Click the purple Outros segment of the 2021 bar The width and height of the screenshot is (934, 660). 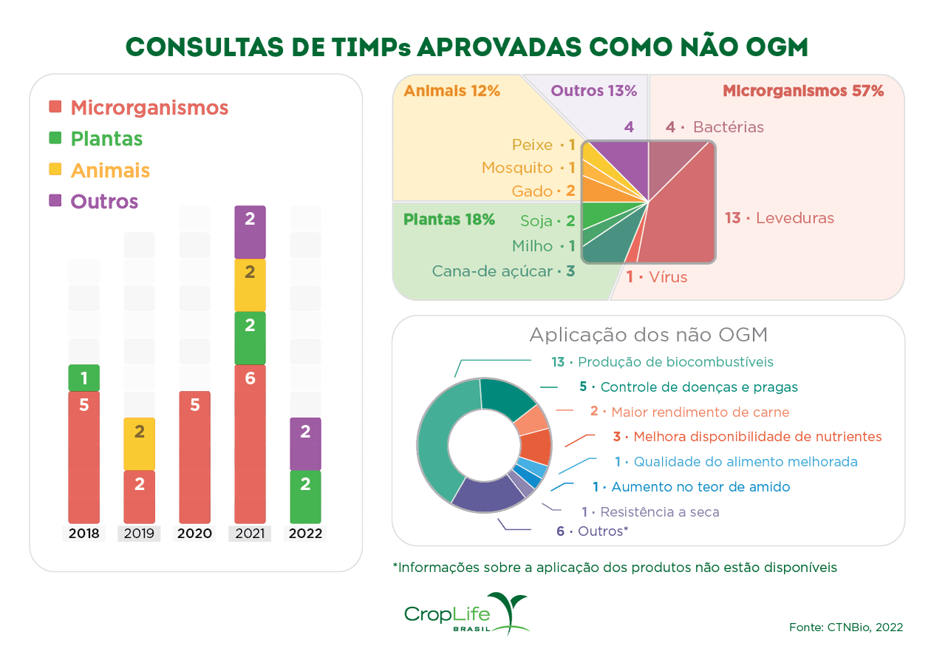[x=250, y=231]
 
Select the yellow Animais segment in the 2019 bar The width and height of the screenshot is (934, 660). [x=139, y=443]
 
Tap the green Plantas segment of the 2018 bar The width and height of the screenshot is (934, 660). [x=83, y=378]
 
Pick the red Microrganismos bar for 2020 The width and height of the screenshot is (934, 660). [x=194, y=457]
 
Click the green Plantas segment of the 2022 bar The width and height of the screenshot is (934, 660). [x=305, y=497]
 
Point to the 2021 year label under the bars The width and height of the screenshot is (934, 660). [x=250, y=534]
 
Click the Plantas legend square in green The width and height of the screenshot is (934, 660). [x=55, y=138]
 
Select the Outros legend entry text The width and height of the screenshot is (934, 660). [x=104, y=202]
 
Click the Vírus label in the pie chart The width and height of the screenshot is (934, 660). [x=657, y=278]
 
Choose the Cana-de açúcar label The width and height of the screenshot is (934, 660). [x=503, y=271]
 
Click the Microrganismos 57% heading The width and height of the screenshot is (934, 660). [x=802, y=92]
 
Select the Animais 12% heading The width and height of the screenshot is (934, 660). [x=452, y=91]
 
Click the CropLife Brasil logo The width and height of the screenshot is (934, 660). [x=466, y=613]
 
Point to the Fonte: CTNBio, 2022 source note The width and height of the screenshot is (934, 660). [x=845, y=627]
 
